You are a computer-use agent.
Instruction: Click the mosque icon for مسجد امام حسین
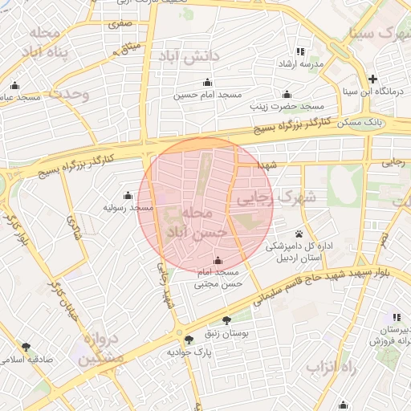tap(208, 81)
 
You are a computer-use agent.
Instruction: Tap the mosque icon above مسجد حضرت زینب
tap(287, 93)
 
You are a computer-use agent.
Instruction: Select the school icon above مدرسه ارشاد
tap(301, 51)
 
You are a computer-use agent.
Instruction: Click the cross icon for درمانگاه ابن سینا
tap(372, 79)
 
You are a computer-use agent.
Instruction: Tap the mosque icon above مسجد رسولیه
tap(128, 194)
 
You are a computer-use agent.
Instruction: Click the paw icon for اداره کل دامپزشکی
tap(299, 234)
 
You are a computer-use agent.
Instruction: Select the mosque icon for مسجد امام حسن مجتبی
tap(218, 260)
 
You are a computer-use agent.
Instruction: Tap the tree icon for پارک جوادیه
tap(189, 340)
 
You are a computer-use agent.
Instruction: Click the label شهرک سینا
tap(376, 33)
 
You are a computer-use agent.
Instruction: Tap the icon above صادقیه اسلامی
tap(26, 347)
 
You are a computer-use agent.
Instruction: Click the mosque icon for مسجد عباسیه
tap(14, 86)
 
